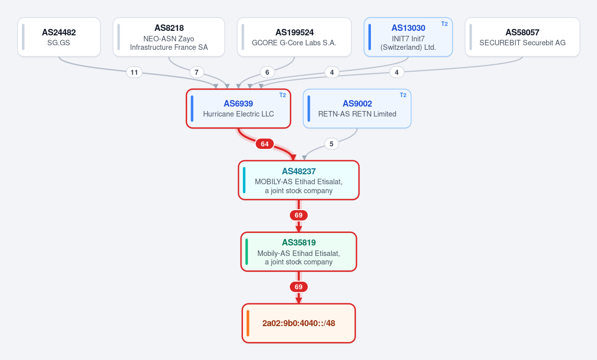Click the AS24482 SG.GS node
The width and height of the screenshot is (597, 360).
tap(59, 37)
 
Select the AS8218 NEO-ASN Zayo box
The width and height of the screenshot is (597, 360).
tap(169, 37)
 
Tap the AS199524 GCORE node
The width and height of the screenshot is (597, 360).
tap(294, 37)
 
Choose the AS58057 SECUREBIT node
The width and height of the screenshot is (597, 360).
tap(522, 37)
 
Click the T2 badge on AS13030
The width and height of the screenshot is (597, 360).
tap(444, 24)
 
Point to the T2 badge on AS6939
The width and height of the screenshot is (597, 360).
tap(282, 95)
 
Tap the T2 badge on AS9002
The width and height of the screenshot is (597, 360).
tap(403, 95)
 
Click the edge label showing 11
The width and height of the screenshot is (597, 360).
tap(134, 72)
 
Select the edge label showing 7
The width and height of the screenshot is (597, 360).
tap(197, 72)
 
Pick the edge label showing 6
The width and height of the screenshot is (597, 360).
tap(267, 72)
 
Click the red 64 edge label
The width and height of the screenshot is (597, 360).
tap(264, 144)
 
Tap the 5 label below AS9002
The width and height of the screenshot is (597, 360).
tap(332, 144)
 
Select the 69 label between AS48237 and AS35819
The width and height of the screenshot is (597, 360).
tap(299, 216)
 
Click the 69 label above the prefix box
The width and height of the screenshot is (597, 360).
tap(299, 287)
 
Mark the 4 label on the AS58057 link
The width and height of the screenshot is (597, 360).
tap(397, 72)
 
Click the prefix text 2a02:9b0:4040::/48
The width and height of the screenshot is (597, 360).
tap(299, 323)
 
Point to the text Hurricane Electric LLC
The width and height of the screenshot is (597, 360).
tap(239, 114)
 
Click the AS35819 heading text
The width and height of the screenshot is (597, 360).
tap(299, 242)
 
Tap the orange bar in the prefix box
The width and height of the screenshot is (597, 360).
tap(248, 323)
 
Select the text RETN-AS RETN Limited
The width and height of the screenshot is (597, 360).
tap(357, 114)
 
